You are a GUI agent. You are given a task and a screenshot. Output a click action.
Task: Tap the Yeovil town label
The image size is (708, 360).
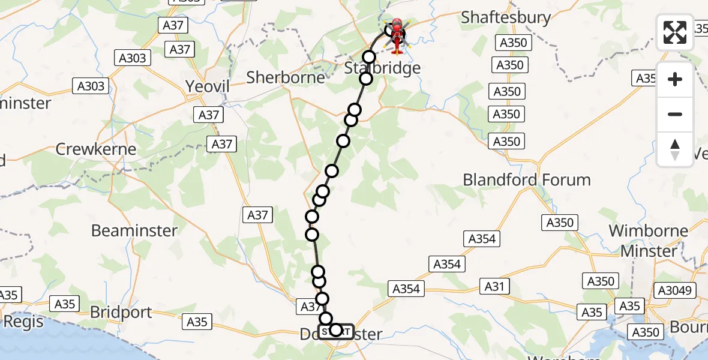pos(208,86)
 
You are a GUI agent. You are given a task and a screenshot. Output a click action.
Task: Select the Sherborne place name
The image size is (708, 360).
pos(286,77)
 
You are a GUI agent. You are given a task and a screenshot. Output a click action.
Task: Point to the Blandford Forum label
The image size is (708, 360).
pos(527,179)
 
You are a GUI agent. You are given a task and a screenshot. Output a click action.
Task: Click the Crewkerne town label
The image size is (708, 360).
pos(96,149)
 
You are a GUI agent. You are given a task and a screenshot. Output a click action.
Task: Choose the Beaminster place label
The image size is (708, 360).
pos(134,230)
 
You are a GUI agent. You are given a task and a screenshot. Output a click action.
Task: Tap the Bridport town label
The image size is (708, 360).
pos(121,313)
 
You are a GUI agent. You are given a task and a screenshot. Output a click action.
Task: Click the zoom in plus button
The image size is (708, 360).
pos(675,79)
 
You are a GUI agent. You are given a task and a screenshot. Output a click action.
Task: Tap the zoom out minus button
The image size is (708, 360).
pos(675,114)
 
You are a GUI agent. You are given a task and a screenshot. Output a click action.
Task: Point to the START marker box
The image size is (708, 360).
pos(336,331)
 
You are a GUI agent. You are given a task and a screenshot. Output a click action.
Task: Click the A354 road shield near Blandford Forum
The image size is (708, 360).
pos(482,239)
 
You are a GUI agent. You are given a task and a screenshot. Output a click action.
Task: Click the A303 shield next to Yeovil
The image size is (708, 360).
pos(91,86)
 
